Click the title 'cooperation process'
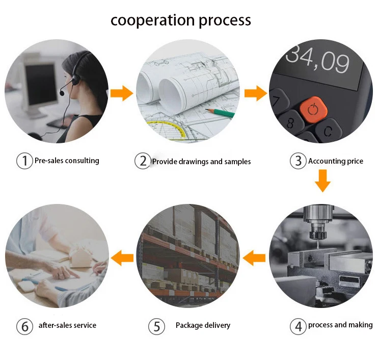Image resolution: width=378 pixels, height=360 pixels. tap(181, 20)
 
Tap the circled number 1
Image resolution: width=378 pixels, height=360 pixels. tap(24, 161)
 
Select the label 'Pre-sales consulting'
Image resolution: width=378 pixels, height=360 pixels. tap(67, 161)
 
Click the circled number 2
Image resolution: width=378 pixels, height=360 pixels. tap(142, 162)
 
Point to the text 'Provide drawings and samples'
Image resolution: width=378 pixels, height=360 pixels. tap(201, 162)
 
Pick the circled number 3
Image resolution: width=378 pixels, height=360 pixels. tap(298, 162)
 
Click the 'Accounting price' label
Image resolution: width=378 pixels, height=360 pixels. tap(335, 161)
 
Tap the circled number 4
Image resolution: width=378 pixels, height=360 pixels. tap(298, 326)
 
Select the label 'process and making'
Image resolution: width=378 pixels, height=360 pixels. tap(340, 325)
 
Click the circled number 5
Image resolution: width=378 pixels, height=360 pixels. tap(155, 326)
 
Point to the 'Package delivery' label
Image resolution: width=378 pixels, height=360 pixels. tap(203, 325)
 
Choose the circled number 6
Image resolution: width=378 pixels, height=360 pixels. tap(24, 326)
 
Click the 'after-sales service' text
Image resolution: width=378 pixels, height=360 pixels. tap(67, 325)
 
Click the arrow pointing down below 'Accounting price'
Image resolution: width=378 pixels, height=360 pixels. tap(322, 181)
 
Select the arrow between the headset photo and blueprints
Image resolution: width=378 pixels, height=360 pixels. tap(121, 93)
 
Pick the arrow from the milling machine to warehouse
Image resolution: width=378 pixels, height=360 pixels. tap(254, 259)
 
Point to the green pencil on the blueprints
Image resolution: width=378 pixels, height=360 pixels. tap(220, 113)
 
